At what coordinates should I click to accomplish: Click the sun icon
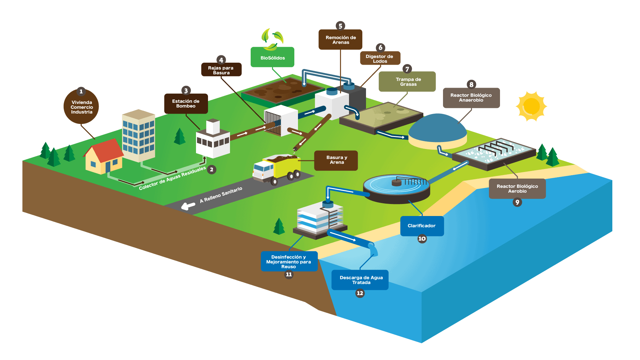(531, 106)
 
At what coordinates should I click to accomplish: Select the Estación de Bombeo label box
(186, 104)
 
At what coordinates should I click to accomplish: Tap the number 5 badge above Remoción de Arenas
(340, 26)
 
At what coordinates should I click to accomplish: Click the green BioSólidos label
(272, 58)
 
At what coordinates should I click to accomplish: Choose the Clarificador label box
(422, 226)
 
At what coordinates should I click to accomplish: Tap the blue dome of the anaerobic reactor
(437, 128)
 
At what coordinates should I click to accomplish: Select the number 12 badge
(360, 293)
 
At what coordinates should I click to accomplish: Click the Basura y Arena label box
(336, 160)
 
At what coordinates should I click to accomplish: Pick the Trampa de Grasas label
(408, 82)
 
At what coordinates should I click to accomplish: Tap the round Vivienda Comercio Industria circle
(81, 107)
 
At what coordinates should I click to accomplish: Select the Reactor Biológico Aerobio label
(517, 189)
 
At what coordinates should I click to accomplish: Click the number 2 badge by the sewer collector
(211, 170)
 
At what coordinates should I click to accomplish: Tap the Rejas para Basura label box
(221, 70)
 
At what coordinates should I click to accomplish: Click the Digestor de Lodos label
(380, 59)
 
